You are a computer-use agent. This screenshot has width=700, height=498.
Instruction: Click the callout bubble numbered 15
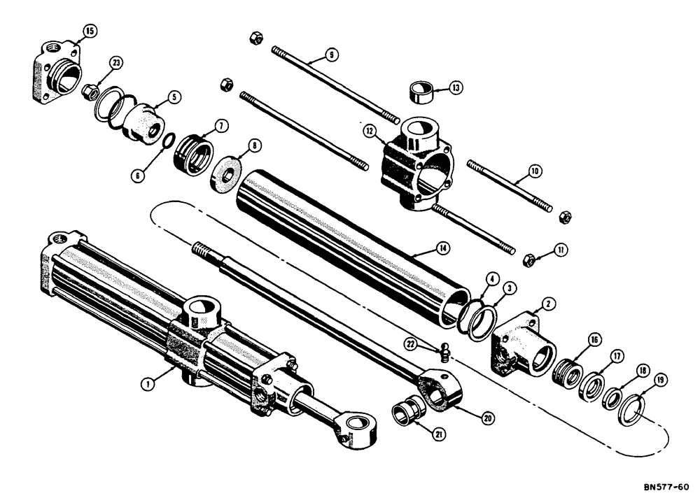click(x=89, y=30)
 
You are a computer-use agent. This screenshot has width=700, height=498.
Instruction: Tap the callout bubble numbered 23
click(x=116, y=62)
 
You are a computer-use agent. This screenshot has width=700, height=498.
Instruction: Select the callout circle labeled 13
click(x=456, y=88)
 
